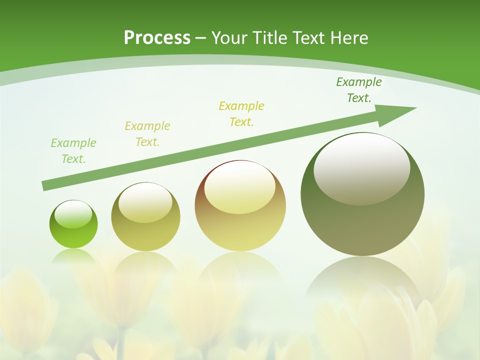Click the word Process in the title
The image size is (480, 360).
pyautogui.click(x=157, y=38)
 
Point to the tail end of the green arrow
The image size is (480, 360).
pyautogui.click(x=45, y=186)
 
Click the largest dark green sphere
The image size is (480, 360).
pyautogui.click(x=362, y=220)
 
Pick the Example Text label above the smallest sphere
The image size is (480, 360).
pyautogui.click(x=73, y=151)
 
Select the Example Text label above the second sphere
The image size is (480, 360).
pyautogui.click(x=147, y=134)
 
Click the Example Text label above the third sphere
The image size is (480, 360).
pyautogui.click(x=241, y=114)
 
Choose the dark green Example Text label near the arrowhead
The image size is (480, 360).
pyautogui.click(x=359, y=90)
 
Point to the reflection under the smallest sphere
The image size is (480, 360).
pyautogui.click(x=73, y=256)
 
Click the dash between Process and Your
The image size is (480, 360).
pyautogui.click(x=201, y=38)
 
